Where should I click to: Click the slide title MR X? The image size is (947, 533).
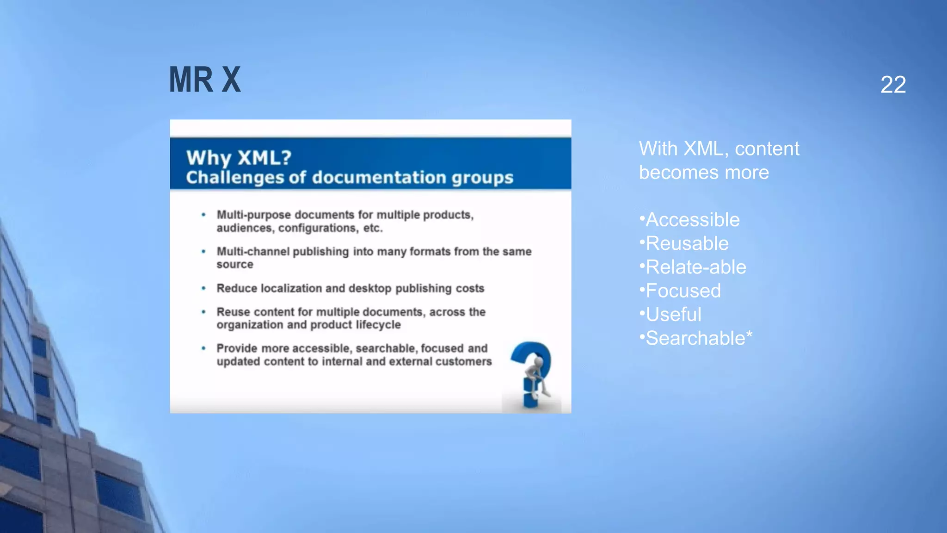coord(205,80)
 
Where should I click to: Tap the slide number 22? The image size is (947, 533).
coord(893,85)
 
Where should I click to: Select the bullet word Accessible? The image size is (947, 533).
coord(692,220)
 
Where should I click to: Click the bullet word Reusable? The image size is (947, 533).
coord(687,243)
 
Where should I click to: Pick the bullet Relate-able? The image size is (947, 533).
coord(695,267)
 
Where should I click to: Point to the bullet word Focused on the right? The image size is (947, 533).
coord(683,291)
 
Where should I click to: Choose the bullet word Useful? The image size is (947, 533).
coord(673,315)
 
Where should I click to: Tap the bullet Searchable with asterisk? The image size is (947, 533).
coord(698,338)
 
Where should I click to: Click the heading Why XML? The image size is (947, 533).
coord(239,158)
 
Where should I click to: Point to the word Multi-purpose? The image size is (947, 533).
coord(254,215)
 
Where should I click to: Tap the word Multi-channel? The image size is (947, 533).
coord(253,252)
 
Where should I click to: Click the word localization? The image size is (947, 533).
coord(291,288)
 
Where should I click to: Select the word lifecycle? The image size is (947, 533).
coord(378,325)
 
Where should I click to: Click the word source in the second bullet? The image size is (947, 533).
coord(235,265)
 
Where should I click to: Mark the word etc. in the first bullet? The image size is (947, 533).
coord(373,228)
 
